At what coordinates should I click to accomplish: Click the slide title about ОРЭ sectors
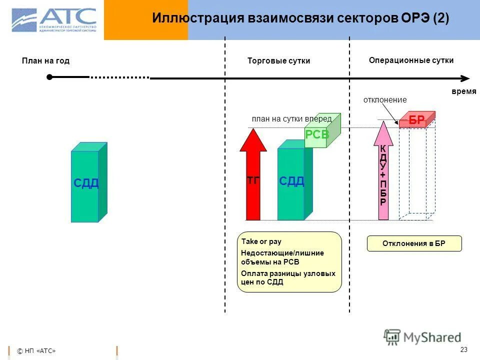pos(300,18)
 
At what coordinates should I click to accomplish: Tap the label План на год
pos(45,61)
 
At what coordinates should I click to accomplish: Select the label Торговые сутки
pos(278,61)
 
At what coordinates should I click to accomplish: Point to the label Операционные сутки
pos(411,60)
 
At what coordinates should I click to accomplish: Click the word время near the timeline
pos(464,92)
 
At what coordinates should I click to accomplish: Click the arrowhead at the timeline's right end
pos(465,78)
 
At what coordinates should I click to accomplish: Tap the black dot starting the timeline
pos(49,77)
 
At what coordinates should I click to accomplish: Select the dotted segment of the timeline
pos(119,77)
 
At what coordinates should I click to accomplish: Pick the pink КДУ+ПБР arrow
pos(383,172)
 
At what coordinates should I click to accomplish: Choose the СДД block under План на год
pos(88,183)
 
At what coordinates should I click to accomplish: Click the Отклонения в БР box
pos(414,244)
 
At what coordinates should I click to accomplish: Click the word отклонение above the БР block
pos(384,100)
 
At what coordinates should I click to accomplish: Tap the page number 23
pos(463,349)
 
